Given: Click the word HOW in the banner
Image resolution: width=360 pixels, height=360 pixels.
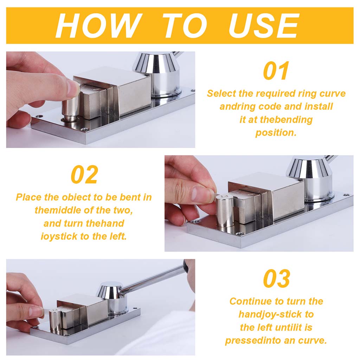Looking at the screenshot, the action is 99,25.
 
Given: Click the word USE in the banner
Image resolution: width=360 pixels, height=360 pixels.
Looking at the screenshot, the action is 264,25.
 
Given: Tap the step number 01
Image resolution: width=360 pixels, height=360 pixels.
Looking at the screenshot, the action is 276,71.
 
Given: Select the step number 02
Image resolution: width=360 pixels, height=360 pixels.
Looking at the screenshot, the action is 84,174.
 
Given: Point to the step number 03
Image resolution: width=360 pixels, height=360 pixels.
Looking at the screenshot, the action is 276,278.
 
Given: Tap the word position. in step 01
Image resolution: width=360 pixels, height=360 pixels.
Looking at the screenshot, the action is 276,133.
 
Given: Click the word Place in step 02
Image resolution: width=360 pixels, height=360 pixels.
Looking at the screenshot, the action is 28,198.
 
